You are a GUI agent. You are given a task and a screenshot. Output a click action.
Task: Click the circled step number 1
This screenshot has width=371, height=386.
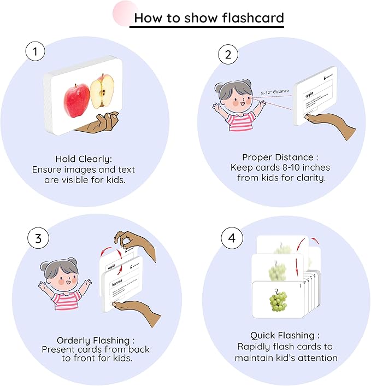point(36,52)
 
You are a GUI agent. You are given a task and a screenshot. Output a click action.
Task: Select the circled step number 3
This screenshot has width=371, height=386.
point(38,238)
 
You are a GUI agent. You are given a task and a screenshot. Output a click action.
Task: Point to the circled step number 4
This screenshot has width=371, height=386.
point(231,239)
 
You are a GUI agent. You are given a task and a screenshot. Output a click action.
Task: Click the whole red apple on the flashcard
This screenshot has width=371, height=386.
point(76,98)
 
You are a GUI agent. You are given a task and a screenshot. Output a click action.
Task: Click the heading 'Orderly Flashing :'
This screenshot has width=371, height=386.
point(96,340)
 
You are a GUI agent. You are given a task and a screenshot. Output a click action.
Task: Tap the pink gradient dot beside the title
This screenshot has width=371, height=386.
point(124,12)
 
